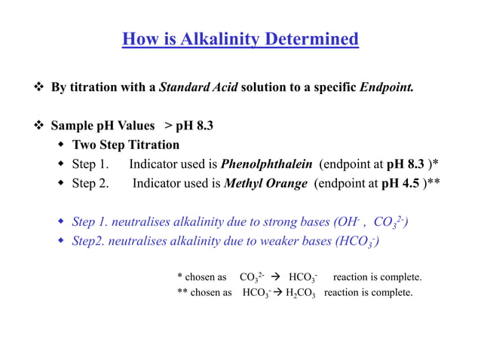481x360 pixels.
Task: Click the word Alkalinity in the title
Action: [x=208, y=38]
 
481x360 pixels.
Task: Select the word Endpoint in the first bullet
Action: [x=385, y=87]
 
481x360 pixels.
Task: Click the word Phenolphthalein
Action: [x=267, y=163]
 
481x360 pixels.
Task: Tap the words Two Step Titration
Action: [x=126, y=145]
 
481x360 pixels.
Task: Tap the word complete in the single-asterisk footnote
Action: [x=402, y=277]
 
